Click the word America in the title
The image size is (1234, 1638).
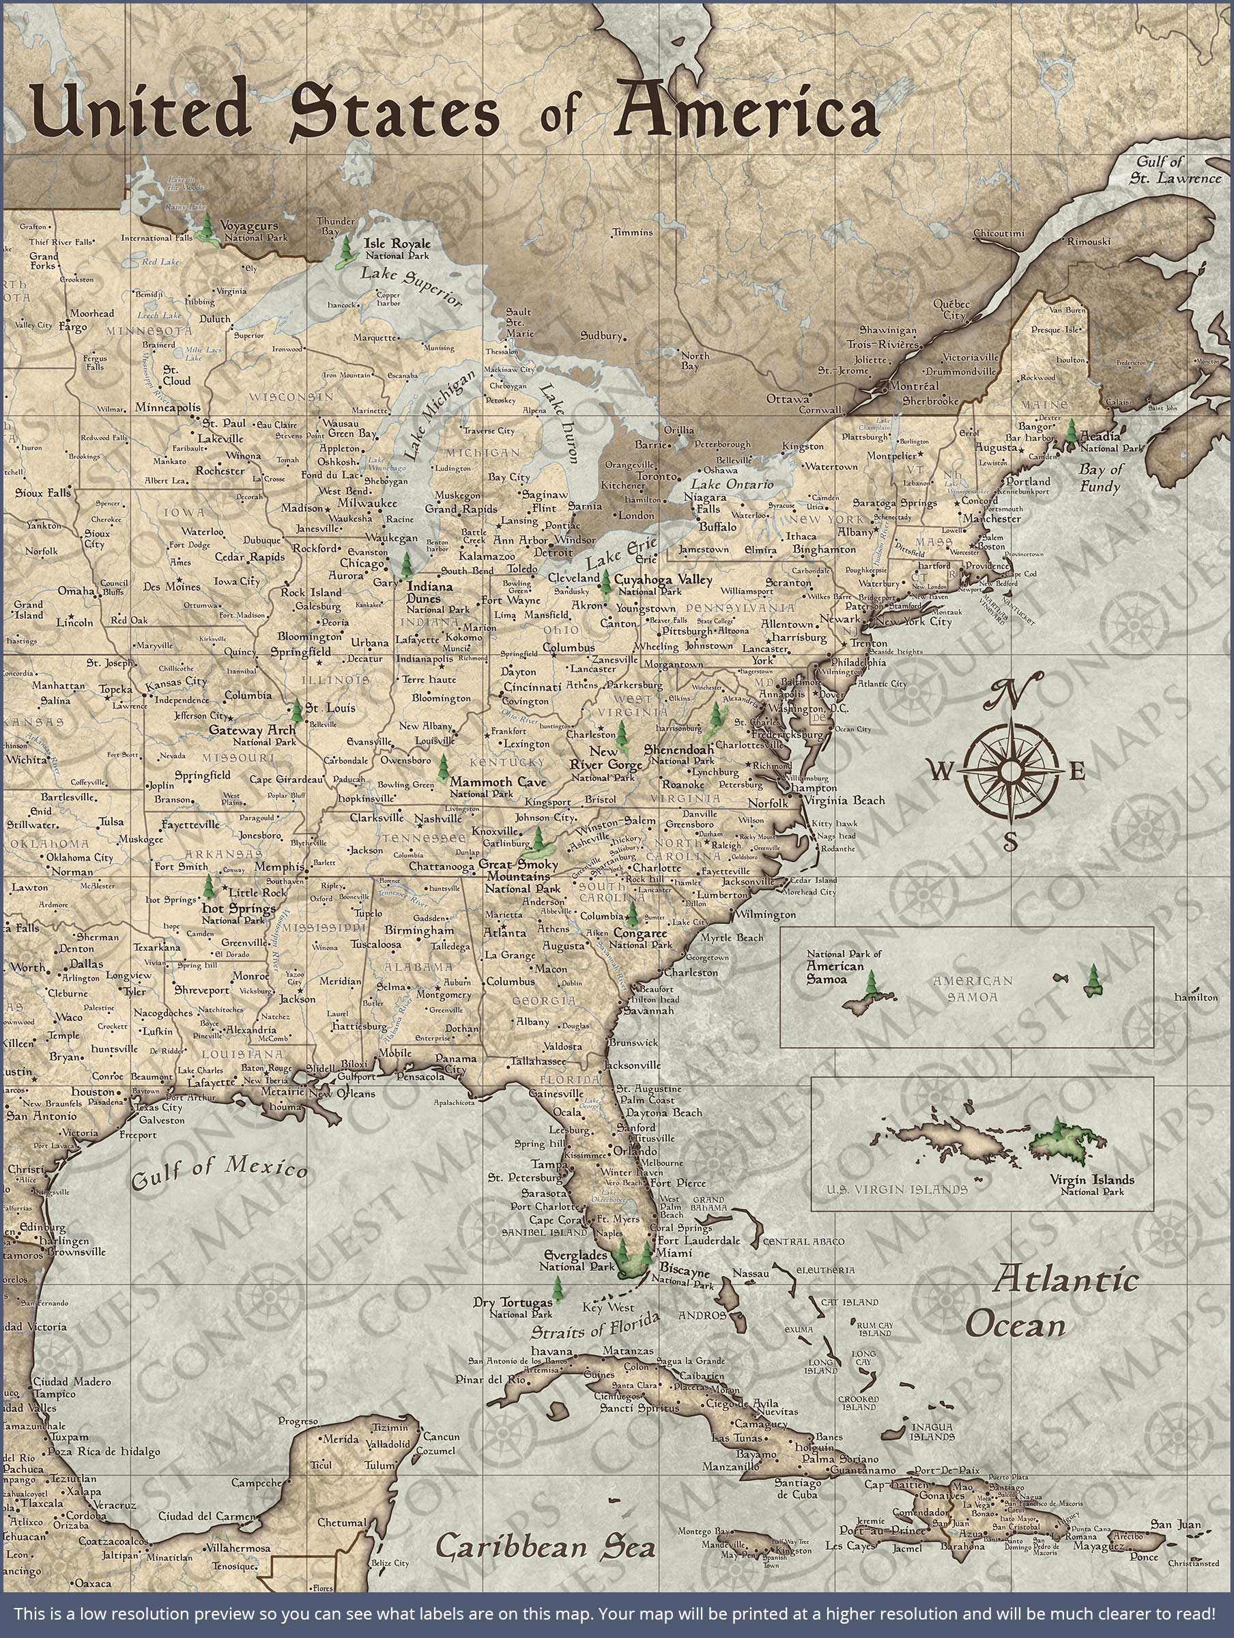point(749,111)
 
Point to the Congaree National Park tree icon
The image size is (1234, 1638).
point(632,916)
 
